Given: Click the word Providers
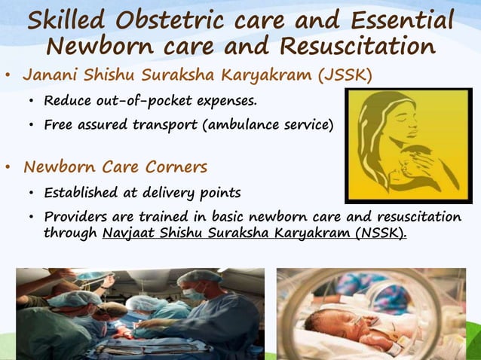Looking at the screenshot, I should point(78,217).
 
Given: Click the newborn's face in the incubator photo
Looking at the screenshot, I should point(332,325).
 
